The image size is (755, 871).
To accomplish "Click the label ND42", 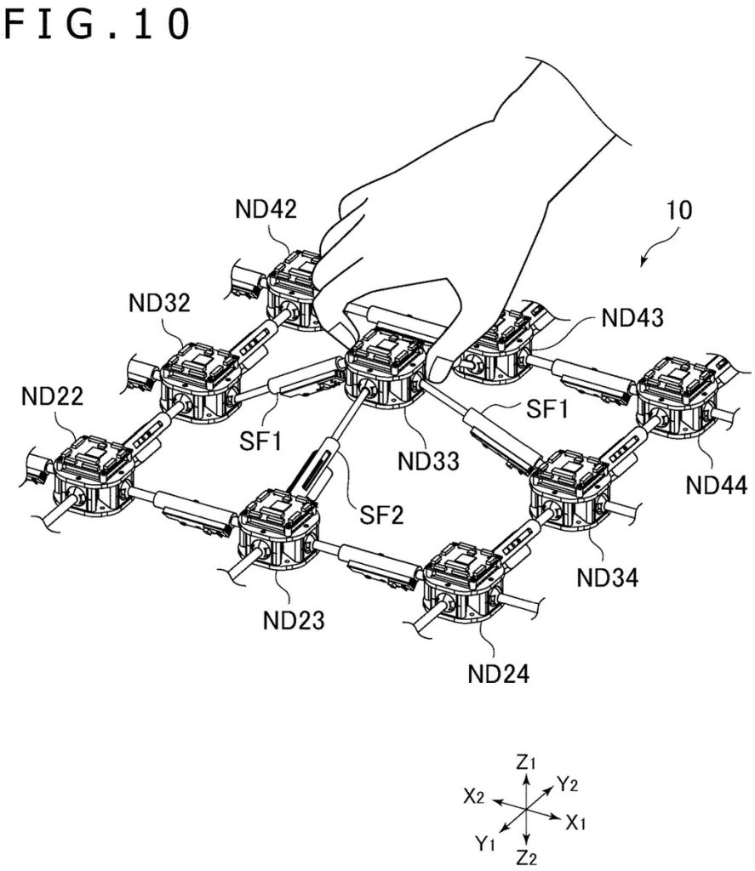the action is click(x=266, y=209).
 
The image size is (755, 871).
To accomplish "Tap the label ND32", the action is click(x=159, y=303).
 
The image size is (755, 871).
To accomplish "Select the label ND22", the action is click(x=52, y=396).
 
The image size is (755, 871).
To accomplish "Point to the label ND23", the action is click(x=294, y=620).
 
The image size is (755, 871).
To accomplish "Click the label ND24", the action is click(x=499, y=674).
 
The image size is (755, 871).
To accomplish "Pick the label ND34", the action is click(x=608, y=578).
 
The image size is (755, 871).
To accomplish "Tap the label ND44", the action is click(x=717, y=485).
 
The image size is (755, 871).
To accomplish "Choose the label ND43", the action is click(x=632, y=318).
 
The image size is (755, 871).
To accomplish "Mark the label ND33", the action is click(x=429, y=460).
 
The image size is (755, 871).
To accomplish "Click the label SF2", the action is click(x=381, y=515).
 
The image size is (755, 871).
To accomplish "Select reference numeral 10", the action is click(x=679, y=211).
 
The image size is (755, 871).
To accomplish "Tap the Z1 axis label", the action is click(x=526, y=763).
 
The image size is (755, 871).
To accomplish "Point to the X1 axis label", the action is click(x=576, y=823).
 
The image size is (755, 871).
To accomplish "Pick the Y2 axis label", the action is click(x=568, y=784).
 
